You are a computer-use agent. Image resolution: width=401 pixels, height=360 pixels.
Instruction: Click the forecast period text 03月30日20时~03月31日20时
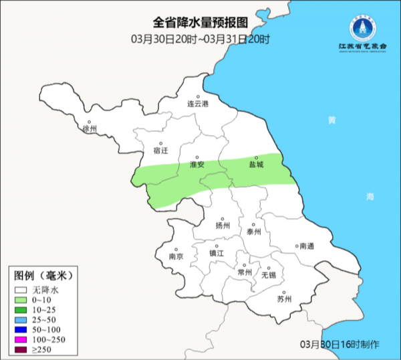tap(200, 39)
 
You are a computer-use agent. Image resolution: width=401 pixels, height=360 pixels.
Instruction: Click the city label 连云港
tap(198, 104)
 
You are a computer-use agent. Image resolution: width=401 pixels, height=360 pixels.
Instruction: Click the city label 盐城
tap(256, 164)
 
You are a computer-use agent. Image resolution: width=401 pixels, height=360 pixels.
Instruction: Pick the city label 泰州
tap(253, 232)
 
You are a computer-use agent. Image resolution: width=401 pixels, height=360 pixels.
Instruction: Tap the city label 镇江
tap(217, 254)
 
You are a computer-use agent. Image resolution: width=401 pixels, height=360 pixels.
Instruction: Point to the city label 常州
tap(245, 272)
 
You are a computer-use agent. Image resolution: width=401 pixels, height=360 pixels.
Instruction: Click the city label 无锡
tap(268, 275)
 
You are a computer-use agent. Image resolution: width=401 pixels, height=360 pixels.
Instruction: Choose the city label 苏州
tap(284, 299)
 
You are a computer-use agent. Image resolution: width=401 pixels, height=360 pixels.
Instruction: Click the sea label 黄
tap(332, 120)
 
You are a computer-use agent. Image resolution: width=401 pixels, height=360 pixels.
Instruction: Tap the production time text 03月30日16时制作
tap(340, 344)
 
